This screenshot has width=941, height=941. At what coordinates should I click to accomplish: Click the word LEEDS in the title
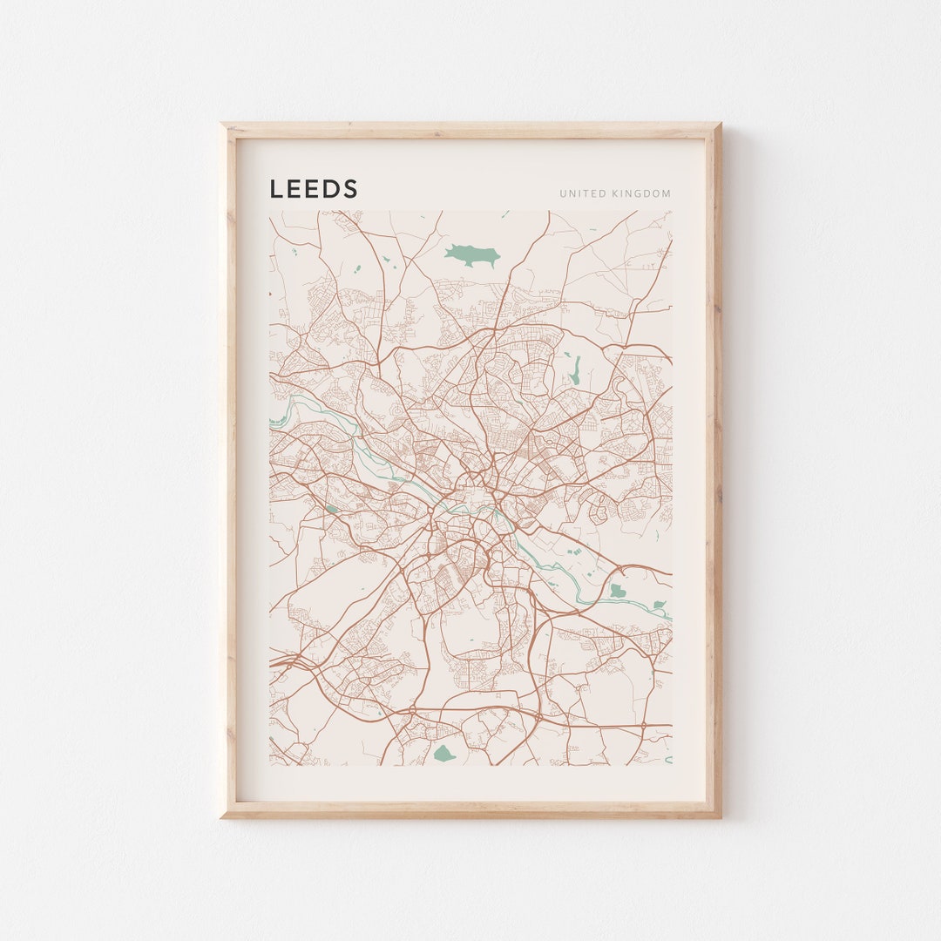click(x=314, y=189)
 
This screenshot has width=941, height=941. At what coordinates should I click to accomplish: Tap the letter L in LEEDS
click(x=275, y=189)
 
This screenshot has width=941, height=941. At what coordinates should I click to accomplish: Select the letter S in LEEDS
click(x=350, y=189)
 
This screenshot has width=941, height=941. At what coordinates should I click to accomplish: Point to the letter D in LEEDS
click(x=332, y=189)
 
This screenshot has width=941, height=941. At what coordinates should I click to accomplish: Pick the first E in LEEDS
click(x=294, y=189)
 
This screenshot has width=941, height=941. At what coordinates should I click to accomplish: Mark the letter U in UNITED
click(x=563, y=193)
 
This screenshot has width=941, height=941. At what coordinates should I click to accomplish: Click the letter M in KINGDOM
click(x=667, y=193)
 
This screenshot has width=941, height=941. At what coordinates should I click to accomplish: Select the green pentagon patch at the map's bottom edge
click(x=443, y=753)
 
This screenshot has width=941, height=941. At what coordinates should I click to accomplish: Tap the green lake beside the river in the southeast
click(x=617, y=591)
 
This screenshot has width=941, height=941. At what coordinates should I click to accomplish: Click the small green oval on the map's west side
click(x=331, y=509)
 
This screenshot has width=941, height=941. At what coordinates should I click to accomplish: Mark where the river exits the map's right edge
click(x=669, y=617)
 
